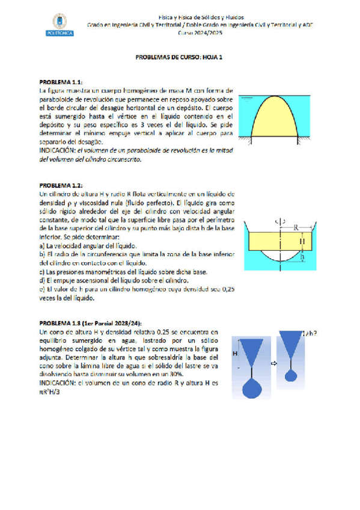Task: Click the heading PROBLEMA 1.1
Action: (61, 81)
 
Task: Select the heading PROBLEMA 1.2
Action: (61, 185)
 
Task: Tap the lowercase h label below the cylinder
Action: (302, 256)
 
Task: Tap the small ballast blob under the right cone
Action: (292, 375)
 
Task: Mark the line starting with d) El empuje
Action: (112, 280)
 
